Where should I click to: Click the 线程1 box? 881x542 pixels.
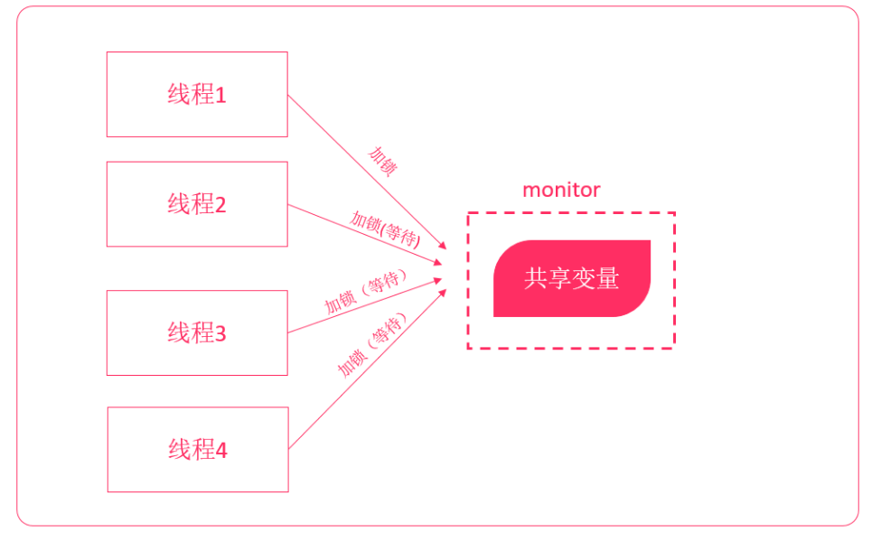pyautogui.click(x=197, y=94)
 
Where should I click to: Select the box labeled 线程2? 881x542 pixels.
pyautogui.click(x=197, y=204)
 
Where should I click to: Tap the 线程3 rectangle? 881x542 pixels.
pyautogui.click(x=197, y=332)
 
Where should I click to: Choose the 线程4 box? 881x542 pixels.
pyautogui.click(x=197, y=449)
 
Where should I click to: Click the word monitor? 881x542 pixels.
pyautogui.click(x=561, y=190)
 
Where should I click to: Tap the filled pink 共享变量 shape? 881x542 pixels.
pyautogui.click(x=571, y=278)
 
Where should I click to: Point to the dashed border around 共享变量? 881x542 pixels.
pyautogui.click(x=570, y=213)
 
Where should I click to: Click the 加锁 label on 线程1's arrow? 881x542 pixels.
pyautogui.click(x=383, y=160)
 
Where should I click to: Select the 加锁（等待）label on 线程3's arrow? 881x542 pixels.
pyautogui.click(x=362, y=292)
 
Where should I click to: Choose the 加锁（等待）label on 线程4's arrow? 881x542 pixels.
pyautogui.click(x=372, y=344)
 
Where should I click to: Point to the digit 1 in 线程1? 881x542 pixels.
pyautogui.click(x=220, y=95)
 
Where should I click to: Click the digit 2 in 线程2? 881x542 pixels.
pyautogui.click(x=220, y=205)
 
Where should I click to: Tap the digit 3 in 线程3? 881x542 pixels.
pyautogui.click(x=220, y=334)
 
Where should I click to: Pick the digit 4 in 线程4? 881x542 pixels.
pyautogui.click(x=221, y=450)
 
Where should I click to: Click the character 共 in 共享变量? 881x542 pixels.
pyautogui.click(x=535, y=278)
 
